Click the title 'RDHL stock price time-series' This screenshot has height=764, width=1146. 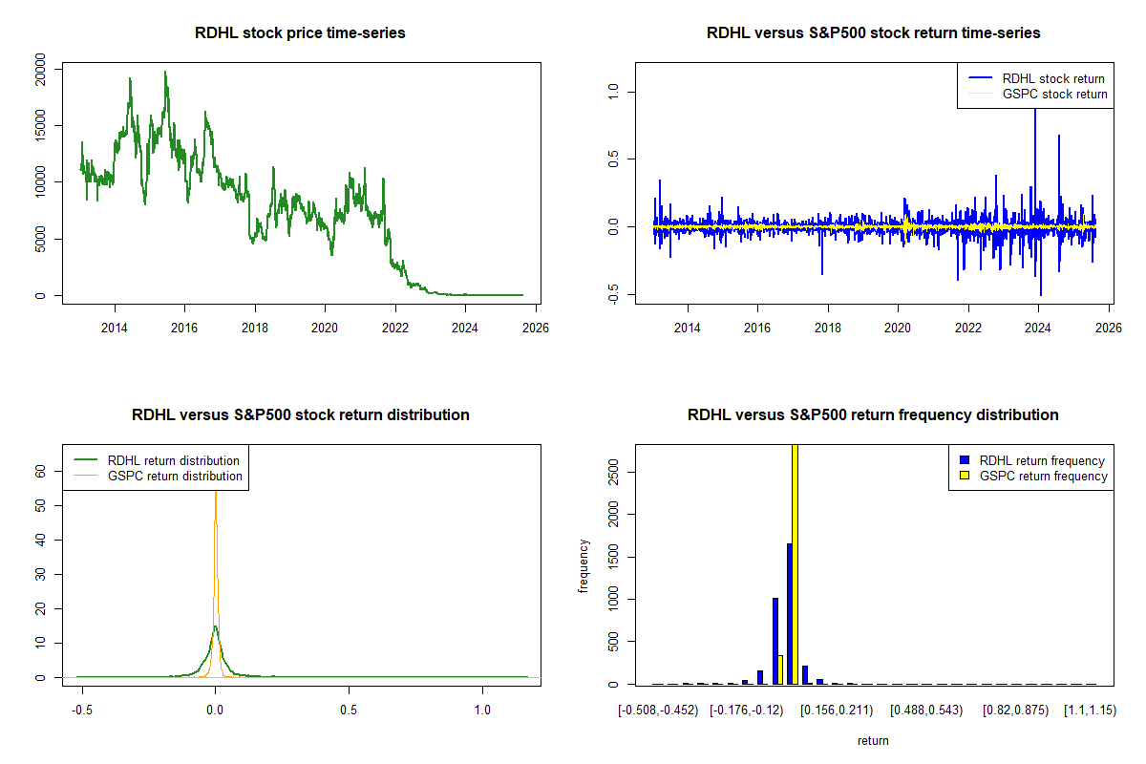[300, 33]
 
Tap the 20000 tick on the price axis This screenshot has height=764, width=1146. [41, 68]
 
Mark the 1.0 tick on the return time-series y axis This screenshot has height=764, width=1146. [614, 92]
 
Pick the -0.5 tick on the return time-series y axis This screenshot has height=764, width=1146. [614, 295]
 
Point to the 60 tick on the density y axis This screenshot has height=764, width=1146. [41, 471]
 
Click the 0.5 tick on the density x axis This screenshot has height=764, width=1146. [349, 711]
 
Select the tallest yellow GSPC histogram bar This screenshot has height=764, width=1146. [795, 563]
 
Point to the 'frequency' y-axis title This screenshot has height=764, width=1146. [584, 565]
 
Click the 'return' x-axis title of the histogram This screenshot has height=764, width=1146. [873, 740]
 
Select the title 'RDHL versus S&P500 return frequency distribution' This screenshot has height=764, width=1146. [873, 415]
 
